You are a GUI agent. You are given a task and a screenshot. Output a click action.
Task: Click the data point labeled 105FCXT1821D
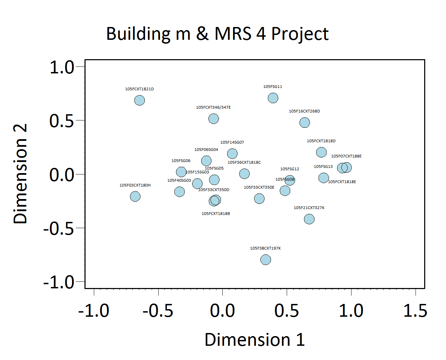139,100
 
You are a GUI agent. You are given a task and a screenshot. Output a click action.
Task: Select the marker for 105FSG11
273,98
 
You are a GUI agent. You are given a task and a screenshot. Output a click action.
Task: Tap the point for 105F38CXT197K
266,260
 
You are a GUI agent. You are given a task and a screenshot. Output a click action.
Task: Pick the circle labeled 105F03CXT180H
135,197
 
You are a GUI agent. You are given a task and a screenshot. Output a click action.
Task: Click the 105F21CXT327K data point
309,219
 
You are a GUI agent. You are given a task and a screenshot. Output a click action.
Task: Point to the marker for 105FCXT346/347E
214,119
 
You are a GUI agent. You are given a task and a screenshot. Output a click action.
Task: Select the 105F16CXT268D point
305,123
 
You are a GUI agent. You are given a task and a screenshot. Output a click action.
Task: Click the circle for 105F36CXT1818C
244,173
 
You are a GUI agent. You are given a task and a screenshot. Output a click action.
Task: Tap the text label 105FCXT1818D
321,141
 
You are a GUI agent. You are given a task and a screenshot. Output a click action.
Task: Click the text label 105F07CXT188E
346,156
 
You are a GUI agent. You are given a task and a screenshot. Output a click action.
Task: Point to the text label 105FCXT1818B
216,214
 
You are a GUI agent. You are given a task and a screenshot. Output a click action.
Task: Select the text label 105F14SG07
232,142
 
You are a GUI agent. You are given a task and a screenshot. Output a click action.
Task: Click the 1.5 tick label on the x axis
415,310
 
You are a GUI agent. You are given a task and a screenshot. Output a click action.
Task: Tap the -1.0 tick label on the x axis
93,310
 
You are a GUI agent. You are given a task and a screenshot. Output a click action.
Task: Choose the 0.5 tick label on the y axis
62,121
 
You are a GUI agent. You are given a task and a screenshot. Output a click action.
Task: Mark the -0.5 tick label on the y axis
59,228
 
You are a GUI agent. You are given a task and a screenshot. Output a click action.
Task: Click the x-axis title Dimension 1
255,340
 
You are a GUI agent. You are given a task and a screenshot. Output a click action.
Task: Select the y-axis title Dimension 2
20,174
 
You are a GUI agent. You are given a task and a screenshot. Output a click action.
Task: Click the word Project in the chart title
300,34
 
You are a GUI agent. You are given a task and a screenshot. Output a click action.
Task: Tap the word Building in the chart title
139,34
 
